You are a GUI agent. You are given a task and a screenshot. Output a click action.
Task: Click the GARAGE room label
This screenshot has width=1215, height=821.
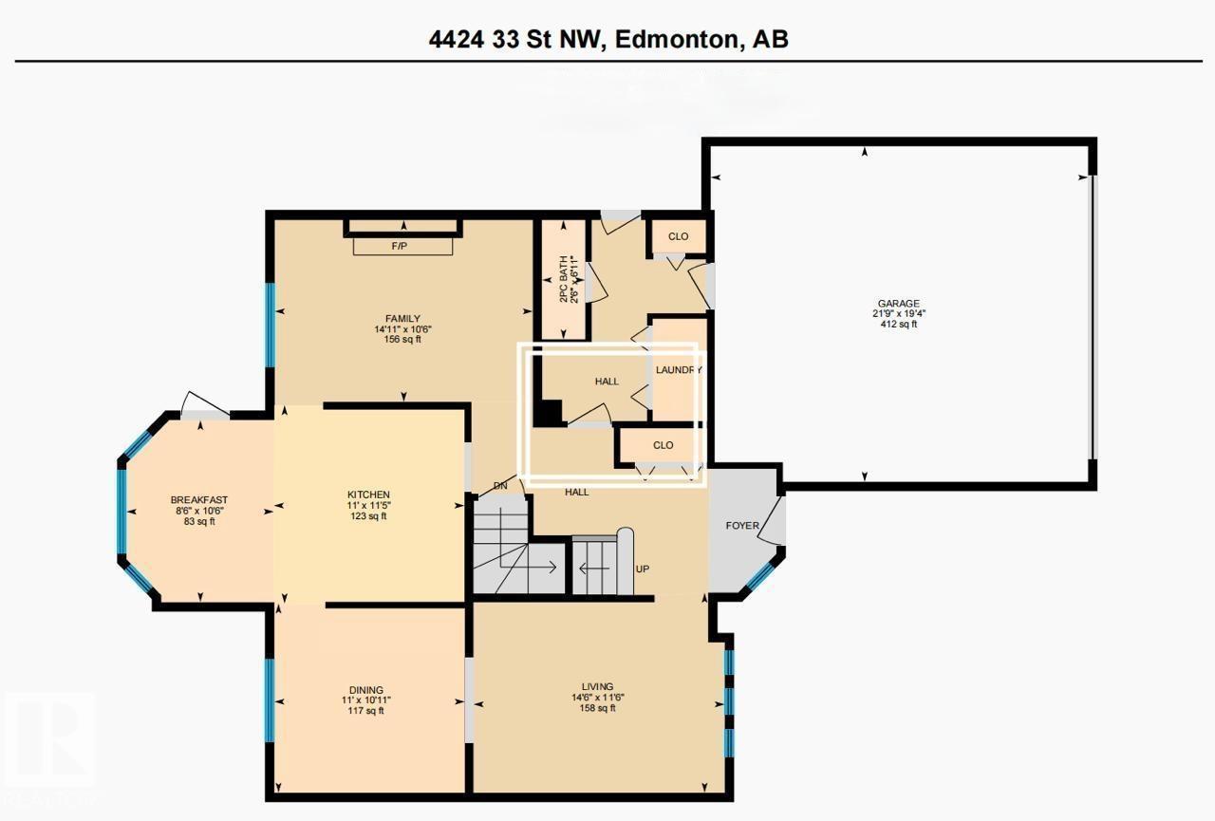click(x=897, y=304)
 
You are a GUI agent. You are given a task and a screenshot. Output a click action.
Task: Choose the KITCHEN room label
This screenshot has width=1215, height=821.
click(x=368, y=494)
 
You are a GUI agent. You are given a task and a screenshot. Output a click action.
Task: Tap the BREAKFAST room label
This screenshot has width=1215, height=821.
click(x=198, y=500)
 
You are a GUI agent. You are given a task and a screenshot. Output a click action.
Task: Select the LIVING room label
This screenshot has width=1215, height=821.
click(x=597, y=686)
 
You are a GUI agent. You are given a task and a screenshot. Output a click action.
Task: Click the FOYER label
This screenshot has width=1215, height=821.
click(x=741, y=524)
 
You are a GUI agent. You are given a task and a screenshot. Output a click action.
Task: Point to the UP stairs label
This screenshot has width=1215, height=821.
click(x=643, y=569)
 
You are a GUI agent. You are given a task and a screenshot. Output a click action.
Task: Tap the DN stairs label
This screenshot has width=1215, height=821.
click(x=501, y=487)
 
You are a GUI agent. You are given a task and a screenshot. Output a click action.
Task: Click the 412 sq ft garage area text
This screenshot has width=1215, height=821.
click(x=897, y=325)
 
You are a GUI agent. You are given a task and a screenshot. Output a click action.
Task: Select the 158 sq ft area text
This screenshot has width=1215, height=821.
click(x=597, y=707)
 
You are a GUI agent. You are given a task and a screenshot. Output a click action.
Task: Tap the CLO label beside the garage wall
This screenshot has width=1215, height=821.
click(x=678, y=236)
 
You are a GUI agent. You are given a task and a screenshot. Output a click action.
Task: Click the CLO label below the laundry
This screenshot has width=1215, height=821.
click(x=663, y=445)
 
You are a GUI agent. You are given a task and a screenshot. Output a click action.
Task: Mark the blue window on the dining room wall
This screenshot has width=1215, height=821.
click(x=270, y=700)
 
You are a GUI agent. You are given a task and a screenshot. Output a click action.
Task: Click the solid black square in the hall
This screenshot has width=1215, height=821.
click(x=548, y=413)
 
